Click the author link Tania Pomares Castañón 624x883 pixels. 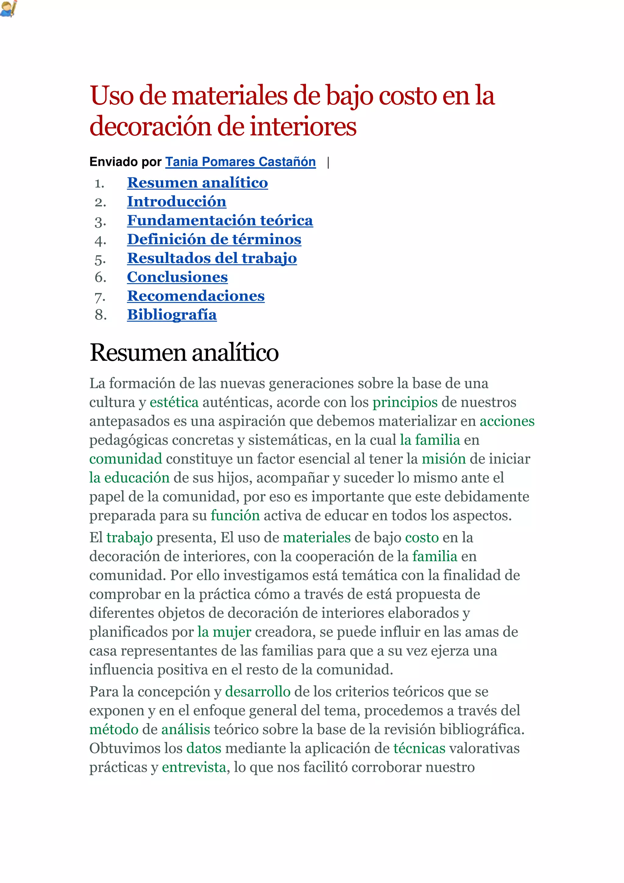pos(240,162)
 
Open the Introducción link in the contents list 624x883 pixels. pos(176,201)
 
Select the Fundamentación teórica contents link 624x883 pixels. pos(220,220)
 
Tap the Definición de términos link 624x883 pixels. pos(214,239)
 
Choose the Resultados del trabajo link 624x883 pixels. pos(212,258)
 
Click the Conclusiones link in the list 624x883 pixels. pos(177,277)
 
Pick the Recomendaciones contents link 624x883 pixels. pos(196,296)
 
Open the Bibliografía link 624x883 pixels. pos(172,315)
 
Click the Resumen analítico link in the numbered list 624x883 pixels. pos(197,183)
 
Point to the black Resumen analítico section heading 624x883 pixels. pos(184,352)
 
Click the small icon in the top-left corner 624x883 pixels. pos(9,9)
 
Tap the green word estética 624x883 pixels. pos(174,402)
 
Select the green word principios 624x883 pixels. pos(405,402)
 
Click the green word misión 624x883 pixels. pos(443,459)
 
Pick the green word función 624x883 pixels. pos(235,515)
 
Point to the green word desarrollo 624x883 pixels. pos(257,692)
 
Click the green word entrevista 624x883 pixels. pos(194,767)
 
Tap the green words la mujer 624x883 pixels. pos(224,632)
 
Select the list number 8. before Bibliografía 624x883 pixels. pos(101,315)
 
